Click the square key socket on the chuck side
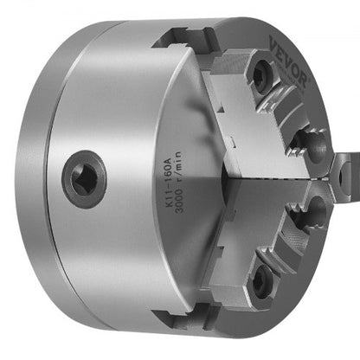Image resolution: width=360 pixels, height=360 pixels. pos(84,179)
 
